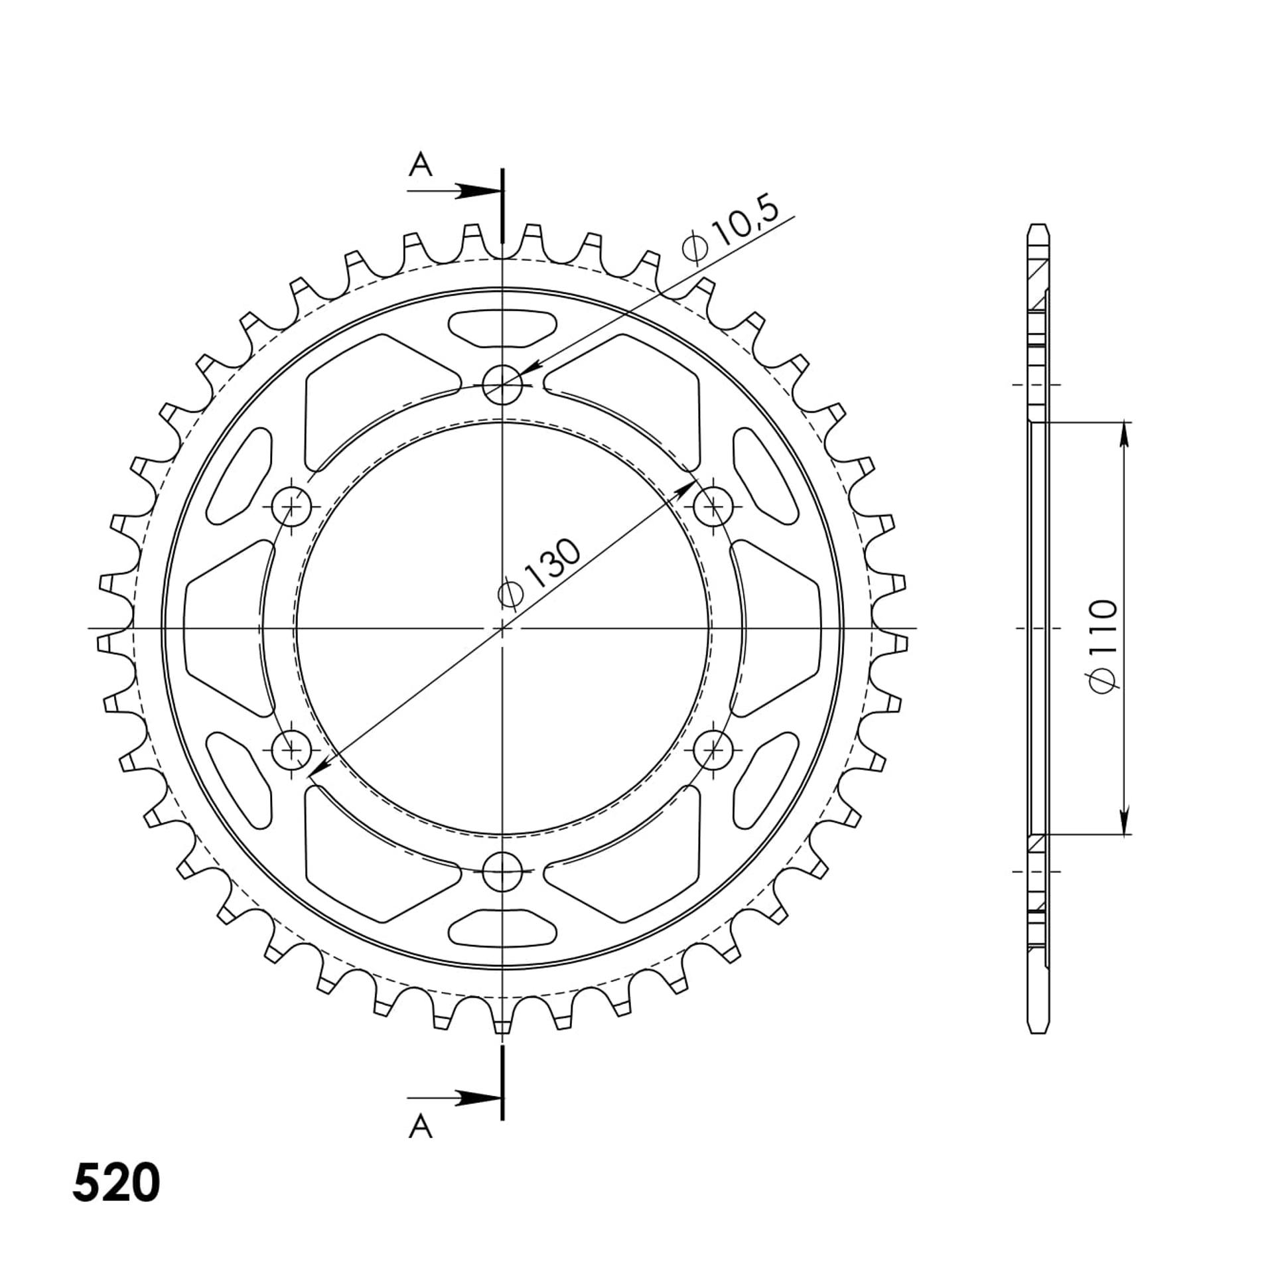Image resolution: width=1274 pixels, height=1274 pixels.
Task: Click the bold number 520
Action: click(x=116, y=1182)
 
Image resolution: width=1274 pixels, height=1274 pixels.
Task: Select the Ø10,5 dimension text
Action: click(x=729, y=230)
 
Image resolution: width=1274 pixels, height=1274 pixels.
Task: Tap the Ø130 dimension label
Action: click(x=539, y=573)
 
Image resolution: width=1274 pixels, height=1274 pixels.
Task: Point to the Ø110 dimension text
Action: click(x=1103, y=647)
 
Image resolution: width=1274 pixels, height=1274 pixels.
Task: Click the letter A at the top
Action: click(x=420, y=165)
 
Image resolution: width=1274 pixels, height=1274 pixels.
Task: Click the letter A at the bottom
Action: click(x=420, y=1125)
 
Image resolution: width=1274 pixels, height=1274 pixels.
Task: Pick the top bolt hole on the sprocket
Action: click(x=502, y=384)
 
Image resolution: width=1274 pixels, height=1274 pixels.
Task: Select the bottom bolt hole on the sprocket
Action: click(x=502, y=871)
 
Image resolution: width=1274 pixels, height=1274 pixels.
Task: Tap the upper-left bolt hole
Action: click(x=291, y=506)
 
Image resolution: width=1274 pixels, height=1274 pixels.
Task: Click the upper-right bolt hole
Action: click(x=713, y=506)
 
